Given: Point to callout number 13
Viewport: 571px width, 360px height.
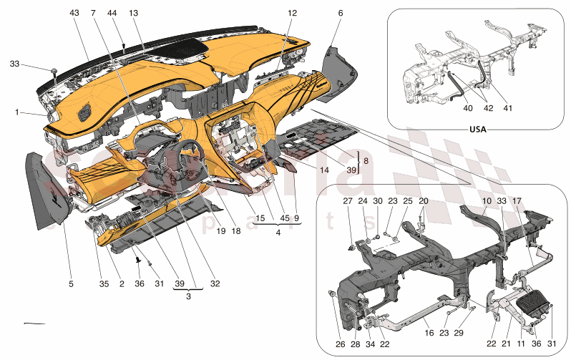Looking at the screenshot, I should (134, 14).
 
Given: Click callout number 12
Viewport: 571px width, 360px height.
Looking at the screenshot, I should (292, 13).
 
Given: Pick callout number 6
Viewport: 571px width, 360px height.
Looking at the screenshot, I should (341, 13).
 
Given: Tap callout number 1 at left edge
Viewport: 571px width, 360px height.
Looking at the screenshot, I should (16, 112).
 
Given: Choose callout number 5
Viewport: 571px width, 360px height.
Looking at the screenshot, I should (71, 284).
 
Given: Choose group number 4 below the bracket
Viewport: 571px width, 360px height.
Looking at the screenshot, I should (278, 232).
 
